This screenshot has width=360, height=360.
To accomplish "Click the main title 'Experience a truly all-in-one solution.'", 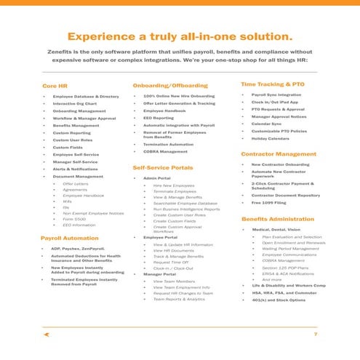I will tap(180, 36).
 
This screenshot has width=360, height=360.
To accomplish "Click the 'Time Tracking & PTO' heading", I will tap(272, 84).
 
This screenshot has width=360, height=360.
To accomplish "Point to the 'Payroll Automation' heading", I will tap(70, 239).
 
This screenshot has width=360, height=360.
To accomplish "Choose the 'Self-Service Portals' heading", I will tap(163, 168).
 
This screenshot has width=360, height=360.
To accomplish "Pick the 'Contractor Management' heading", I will tap(279, 154).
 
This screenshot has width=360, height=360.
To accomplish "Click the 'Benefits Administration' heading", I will tap(277, 219).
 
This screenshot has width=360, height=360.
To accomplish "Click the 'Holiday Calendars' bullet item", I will tap(270, 138).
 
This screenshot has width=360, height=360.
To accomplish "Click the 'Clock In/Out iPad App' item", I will tap(275, 103).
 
